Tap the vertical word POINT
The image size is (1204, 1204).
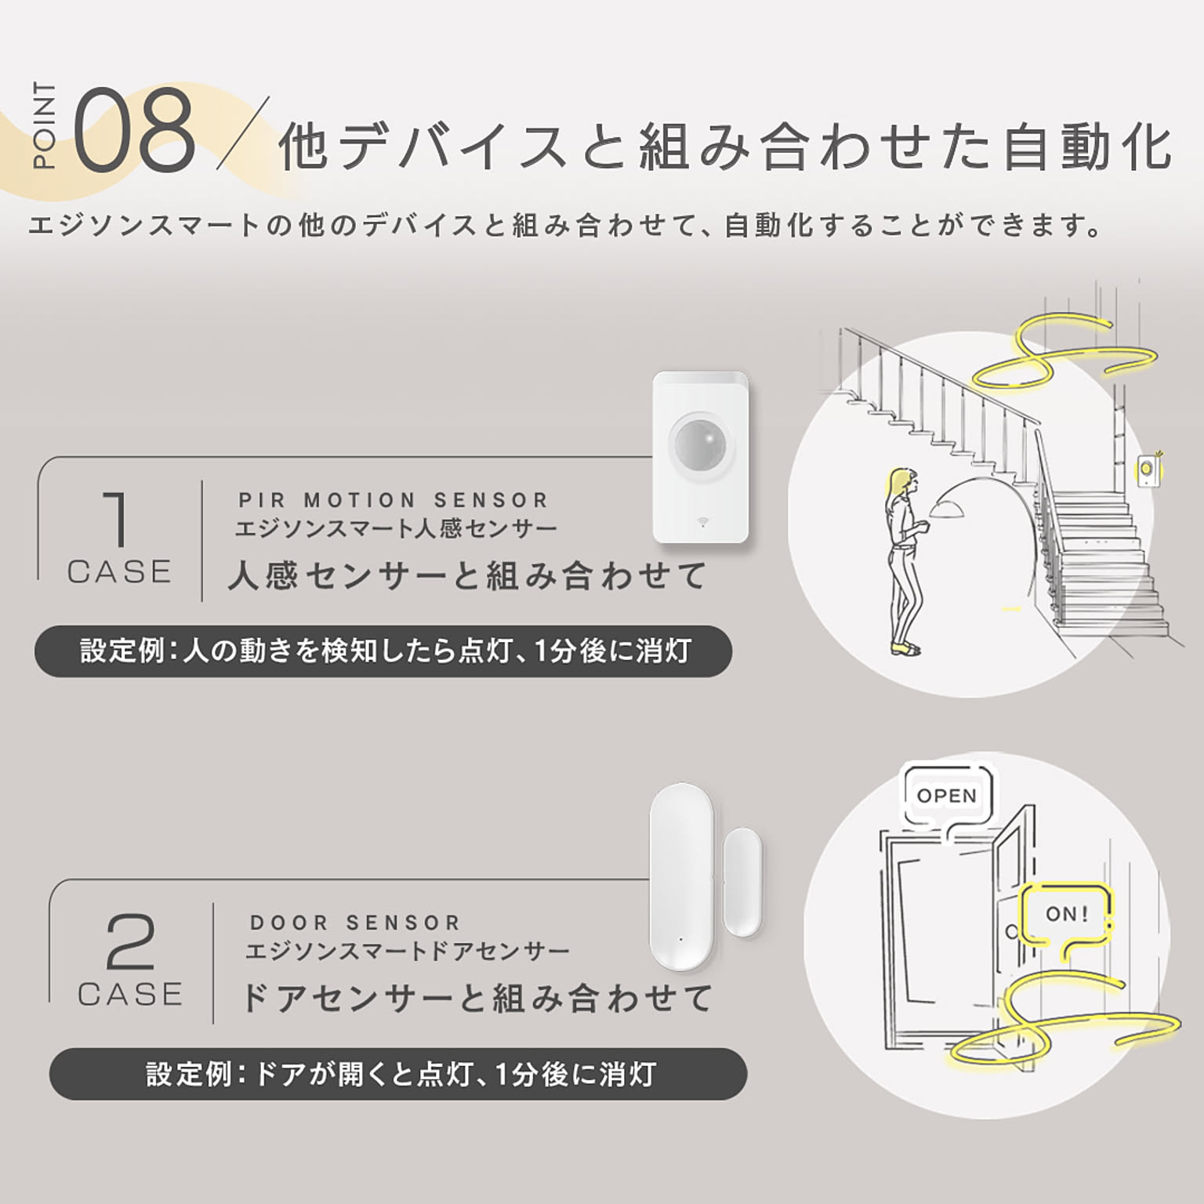(x=45, y=125)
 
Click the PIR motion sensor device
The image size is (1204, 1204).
(x=702, y=456)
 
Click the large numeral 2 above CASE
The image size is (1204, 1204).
(x=130, y=942)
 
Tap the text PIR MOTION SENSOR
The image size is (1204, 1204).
(x=394, y=500)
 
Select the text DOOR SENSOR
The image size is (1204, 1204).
(x=355, y=923)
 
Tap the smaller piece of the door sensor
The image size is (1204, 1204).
(x=743, y=883)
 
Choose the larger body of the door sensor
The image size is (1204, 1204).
(x=681, y=876)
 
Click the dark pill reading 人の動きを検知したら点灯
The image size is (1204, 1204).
(x=383, y=651)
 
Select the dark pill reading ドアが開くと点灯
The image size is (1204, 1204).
(x=398, y=1074)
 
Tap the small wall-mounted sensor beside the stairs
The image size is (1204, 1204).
(x=1148, y=470)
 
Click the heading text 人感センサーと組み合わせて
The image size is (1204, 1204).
(x=468, y=577)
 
